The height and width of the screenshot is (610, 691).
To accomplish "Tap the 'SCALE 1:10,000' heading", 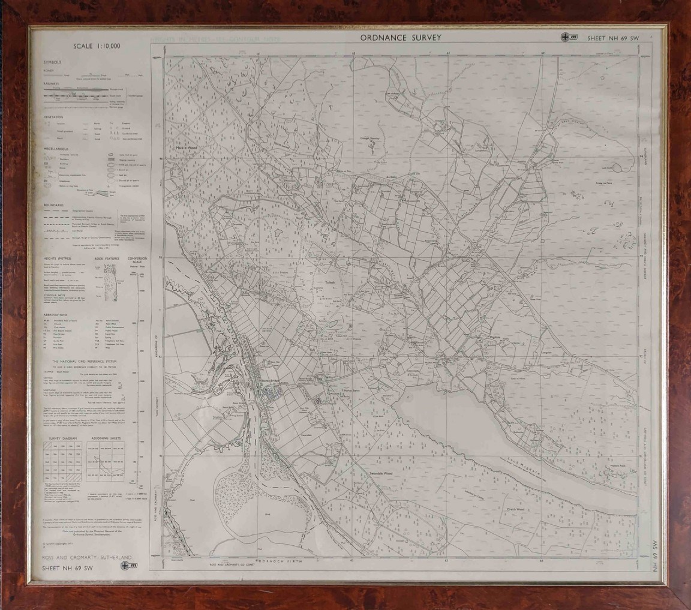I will (x=97, y=46).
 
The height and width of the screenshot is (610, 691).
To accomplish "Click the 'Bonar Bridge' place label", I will (x=268, y=387).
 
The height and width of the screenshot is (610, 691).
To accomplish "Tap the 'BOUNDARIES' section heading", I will (x=55, y=205).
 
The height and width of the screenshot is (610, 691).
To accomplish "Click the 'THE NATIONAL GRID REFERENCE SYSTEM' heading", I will (x=88, y=362).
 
